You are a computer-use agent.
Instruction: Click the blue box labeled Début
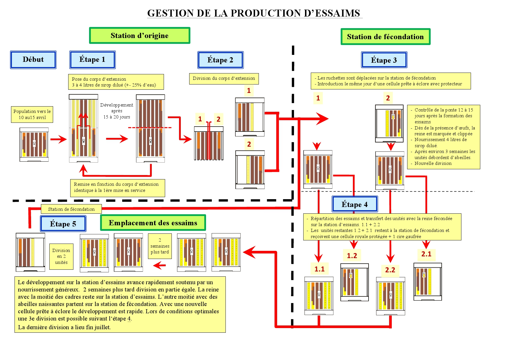click(33, 60)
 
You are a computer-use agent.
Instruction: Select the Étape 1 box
click(92, 60)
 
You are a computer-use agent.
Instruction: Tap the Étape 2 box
click(220, 60)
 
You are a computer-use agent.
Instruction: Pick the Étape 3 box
click(384, 60)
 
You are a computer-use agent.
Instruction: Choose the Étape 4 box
click(354, 204)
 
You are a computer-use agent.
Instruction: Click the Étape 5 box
click(63, 224)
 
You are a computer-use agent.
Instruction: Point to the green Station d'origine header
click(140, 35)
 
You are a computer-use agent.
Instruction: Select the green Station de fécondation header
click(385, 37)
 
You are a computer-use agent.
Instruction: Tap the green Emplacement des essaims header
click(153, 223)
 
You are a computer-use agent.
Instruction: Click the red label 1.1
click(320, 269)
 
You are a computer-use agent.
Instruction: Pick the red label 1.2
click(352, 255)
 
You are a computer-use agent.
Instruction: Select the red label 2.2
click(390, 270)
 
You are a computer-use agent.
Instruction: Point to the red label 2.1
click(426, 254)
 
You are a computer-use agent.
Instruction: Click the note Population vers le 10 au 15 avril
click(32, 114)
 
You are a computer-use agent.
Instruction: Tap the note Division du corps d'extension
click(224, 78)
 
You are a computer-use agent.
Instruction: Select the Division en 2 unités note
click(61, 256)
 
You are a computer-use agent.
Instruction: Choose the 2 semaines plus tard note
click(160, 246)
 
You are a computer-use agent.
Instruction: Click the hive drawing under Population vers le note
click(34, 145)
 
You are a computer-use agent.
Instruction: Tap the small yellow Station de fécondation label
click(71, 209)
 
